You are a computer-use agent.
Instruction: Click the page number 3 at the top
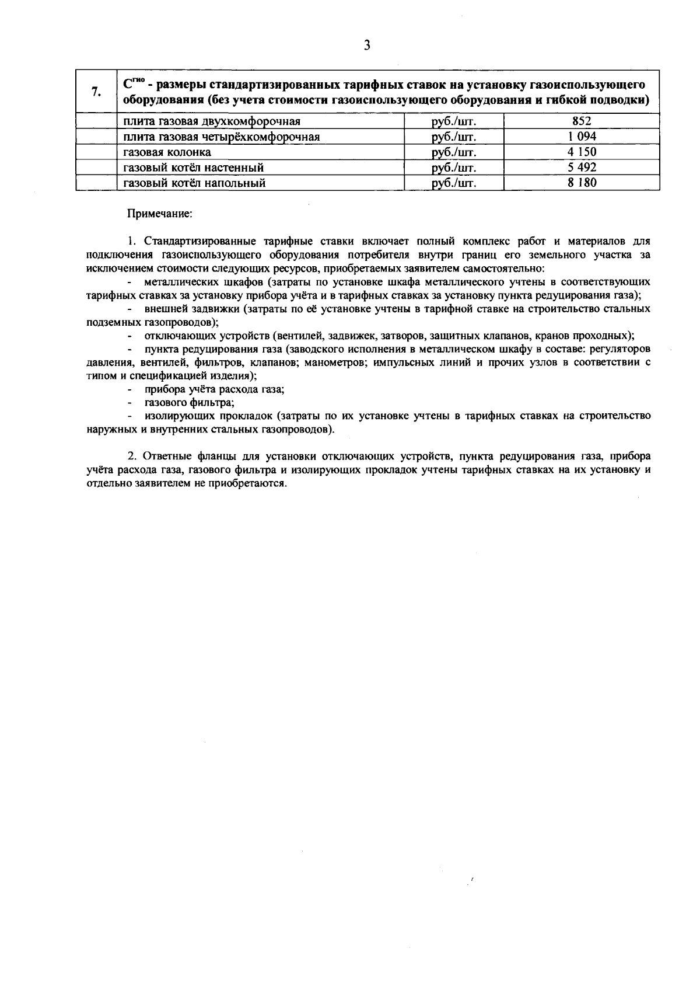pyautogui.click(x=366, y=46)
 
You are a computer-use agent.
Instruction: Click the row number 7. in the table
pyautogui.click(x=97, y=92)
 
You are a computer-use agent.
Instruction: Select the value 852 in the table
pyautogui.click(x=582, y=121)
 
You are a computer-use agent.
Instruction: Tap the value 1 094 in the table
pyautogui.click(x=582, y=137)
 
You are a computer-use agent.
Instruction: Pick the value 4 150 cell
pyautogui.click(x=582, y=152)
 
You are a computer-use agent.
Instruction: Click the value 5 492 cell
pyautogui.click(x=582, y=168)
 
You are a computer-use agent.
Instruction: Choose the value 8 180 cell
pyautogui.click(x=582, y=183)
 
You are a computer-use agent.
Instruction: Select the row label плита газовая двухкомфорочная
pyautogui.click(x=212, y=121)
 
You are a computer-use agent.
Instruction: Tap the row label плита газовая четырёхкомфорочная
pyautogui.click(x=221, y=137)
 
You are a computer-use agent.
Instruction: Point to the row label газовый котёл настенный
pyautogui.click(x=193, y=168)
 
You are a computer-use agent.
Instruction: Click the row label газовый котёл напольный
pyautogui.click(x=194, y=183)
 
